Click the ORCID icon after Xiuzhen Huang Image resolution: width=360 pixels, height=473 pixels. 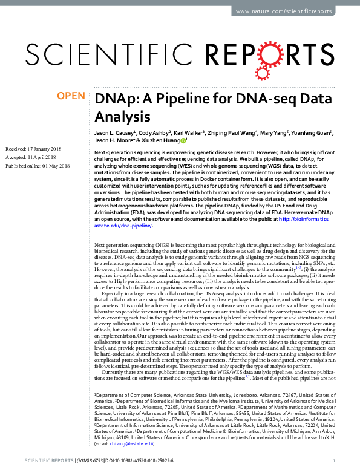184,140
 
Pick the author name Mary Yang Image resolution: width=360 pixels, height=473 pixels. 277,132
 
